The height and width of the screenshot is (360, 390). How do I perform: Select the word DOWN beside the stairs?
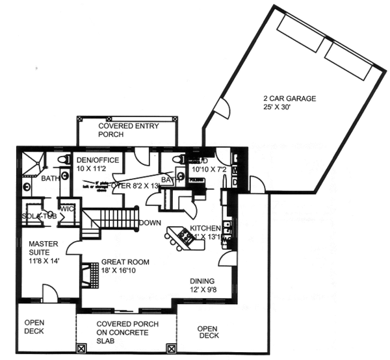click(149, 222)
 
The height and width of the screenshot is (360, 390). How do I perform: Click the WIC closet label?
click(67, 209)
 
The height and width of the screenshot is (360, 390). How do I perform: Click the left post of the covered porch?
click(81, 349)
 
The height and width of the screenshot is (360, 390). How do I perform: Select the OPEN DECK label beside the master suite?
click(34, 327)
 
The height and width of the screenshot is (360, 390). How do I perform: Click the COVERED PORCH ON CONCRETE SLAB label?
click(125, 332)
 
